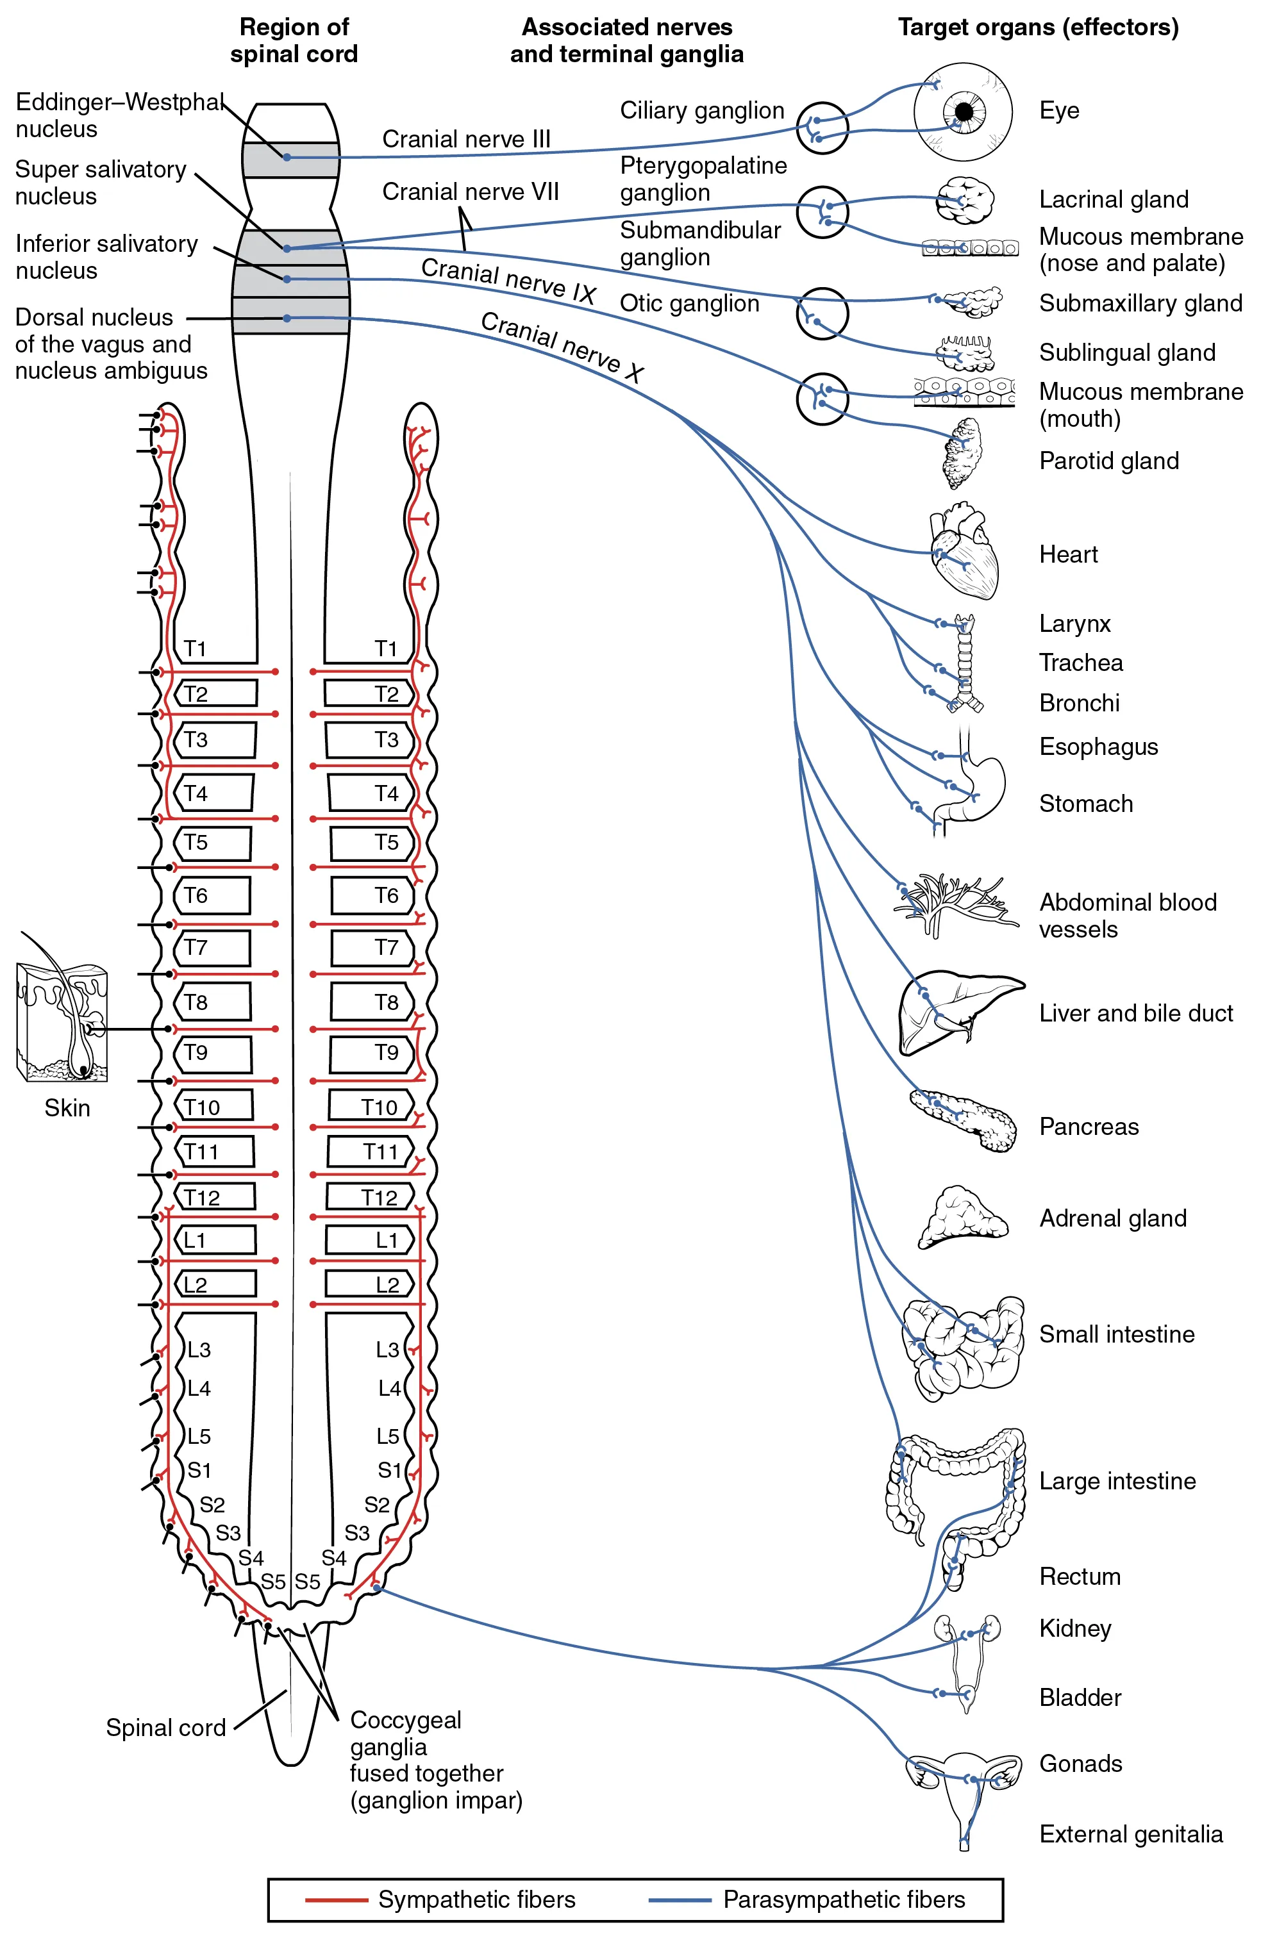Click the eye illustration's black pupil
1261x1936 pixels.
pos(964,112)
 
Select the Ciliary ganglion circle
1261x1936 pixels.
pos(822,128)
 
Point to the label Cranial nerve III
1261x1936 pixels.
pos(466,139)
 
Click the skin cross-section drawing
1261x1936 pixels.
pos(62,1023)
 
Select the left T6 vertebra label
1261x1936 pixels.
pos(196,896)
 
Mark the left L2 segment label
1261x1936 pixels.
pos(196,1284)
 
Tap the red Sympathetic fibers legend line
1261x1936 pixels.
pos(336,1900)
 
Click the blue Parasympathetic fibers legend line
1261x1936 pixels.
pos(680,1900)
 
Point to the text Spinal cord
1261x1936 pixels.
pos(166,1728)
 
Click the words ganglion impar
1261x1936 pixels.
pos(436,1801)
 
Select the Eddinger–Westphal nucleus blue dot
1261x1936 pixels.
pos(287,157)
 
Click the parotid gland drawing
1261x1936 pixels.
pos(964,454)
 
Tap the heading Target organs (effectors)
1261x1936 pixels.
pos(1038,28)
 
